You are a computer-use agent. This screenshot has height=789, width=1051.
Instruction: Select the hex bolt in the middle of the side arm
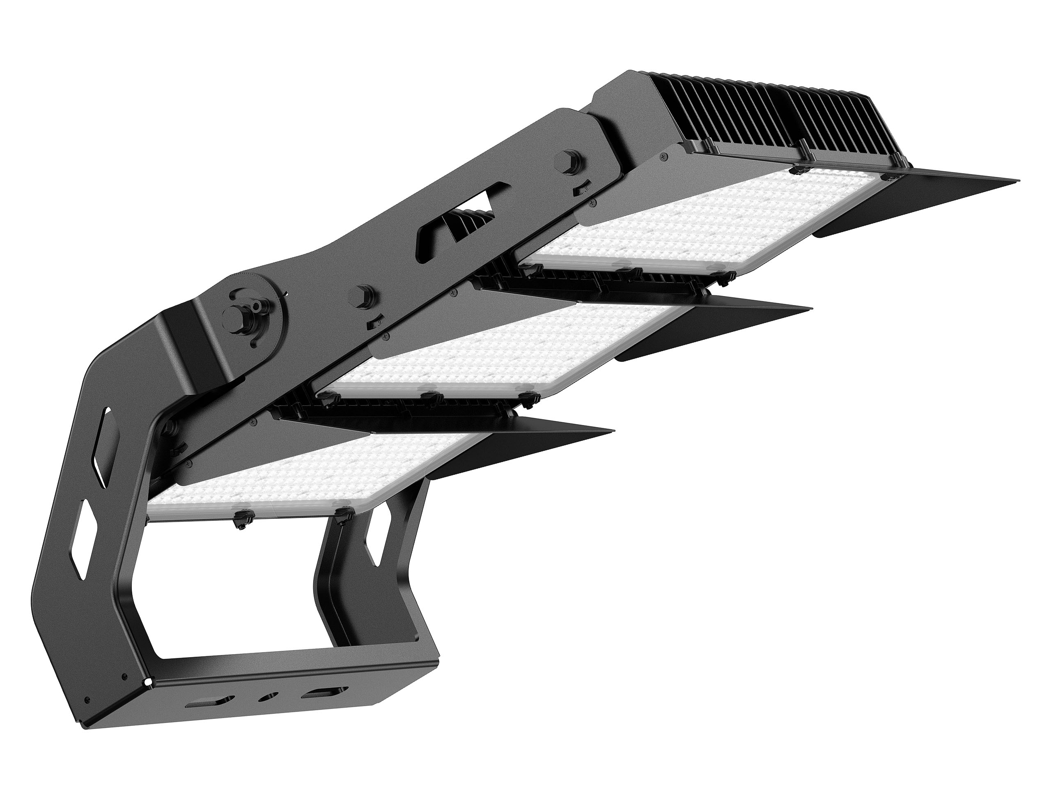(x=365, y=295)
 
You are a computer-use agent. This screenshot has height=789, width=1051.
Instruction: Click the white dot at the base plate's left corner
(x=148, y=683)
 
